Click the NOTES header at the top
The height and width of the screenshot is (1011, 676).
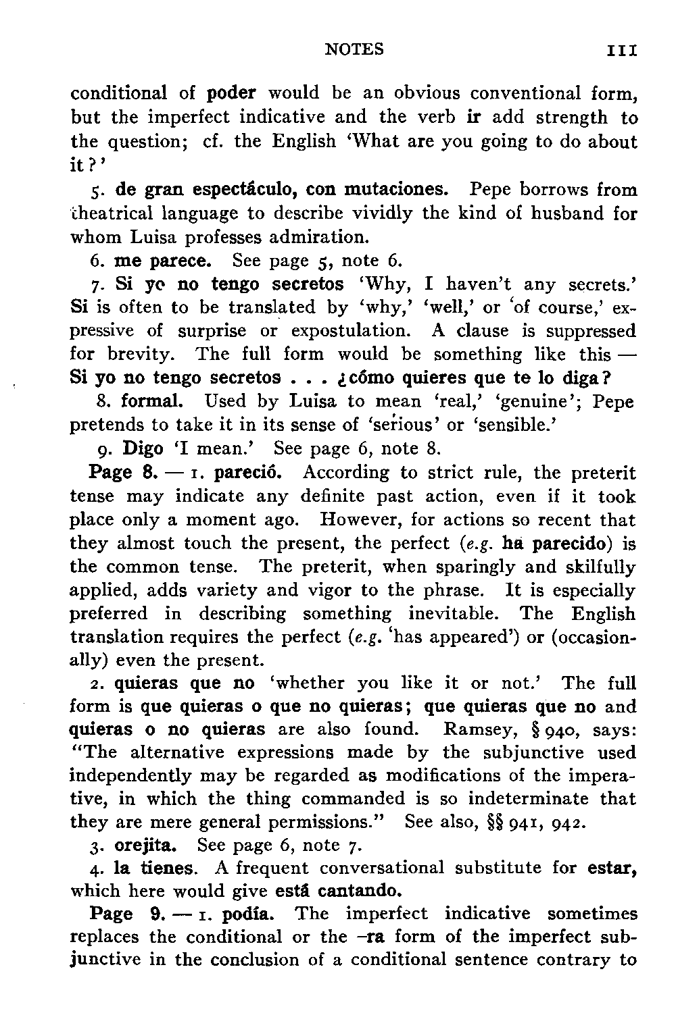point(354,49)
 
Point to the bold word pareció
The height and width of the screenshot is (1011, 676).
point(253,472)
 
